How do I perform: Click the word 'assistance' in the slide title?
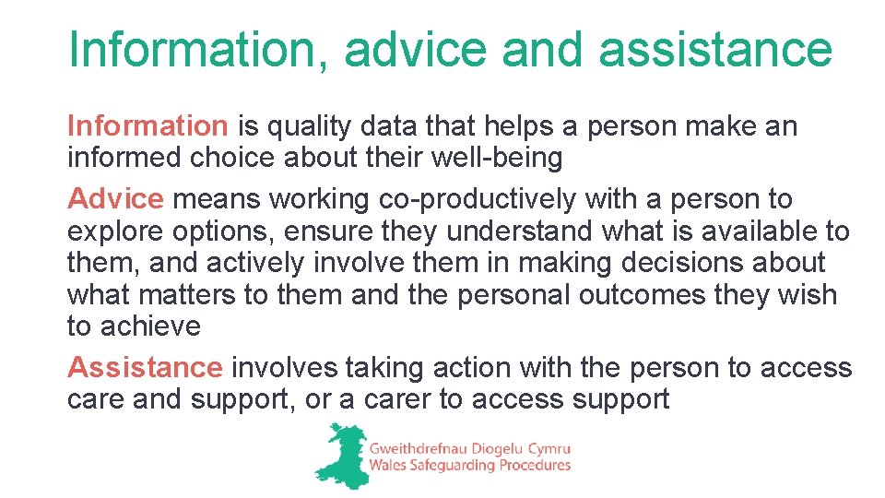point(714,50)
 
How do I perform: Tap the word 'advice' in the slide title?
point(416,50)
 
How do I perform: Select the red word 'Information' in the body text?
point(147,126)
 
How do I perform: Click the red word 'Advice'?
point(115,198)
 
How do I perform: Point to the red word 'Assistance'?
point(145,367)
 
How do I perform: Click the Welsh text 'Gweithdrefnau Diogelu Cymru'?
point(470,447)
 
